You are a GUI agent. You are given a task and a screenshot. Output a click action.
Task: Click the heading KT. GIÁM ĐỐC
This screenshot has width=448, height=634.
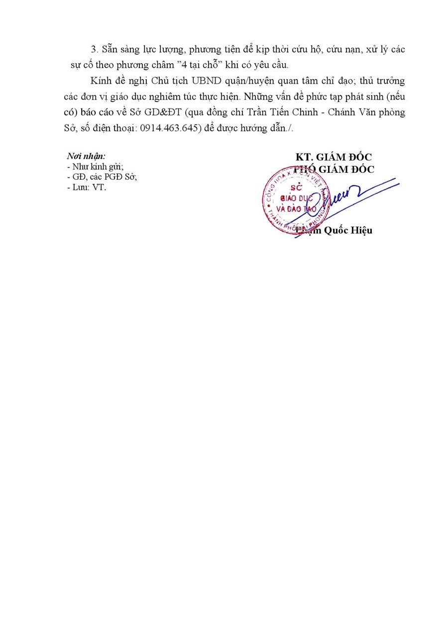[334, 157]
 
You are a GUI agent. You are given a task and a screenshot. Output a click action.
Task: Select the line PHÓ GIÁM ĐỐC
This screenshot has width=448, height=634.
[334, 169]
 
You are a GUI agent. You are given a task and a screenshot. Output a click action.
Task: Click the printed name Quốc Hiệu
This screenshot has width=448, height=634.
[347, 230]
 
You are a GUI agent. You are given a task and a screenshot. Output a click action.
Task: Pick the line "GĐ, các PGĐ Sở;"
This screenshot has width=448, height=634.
[101, 177]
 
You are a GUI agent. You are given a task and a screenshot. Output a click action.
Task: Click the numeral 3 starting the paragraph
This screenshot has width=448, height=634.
[93, 49]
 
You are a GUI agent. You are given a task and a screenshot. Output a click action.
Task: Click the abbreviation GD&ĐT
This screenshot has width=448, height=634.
[159, 112]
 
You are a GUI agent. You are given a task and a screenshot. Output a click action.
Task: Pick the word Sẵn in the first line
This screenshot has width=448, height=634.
[109, 49]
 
